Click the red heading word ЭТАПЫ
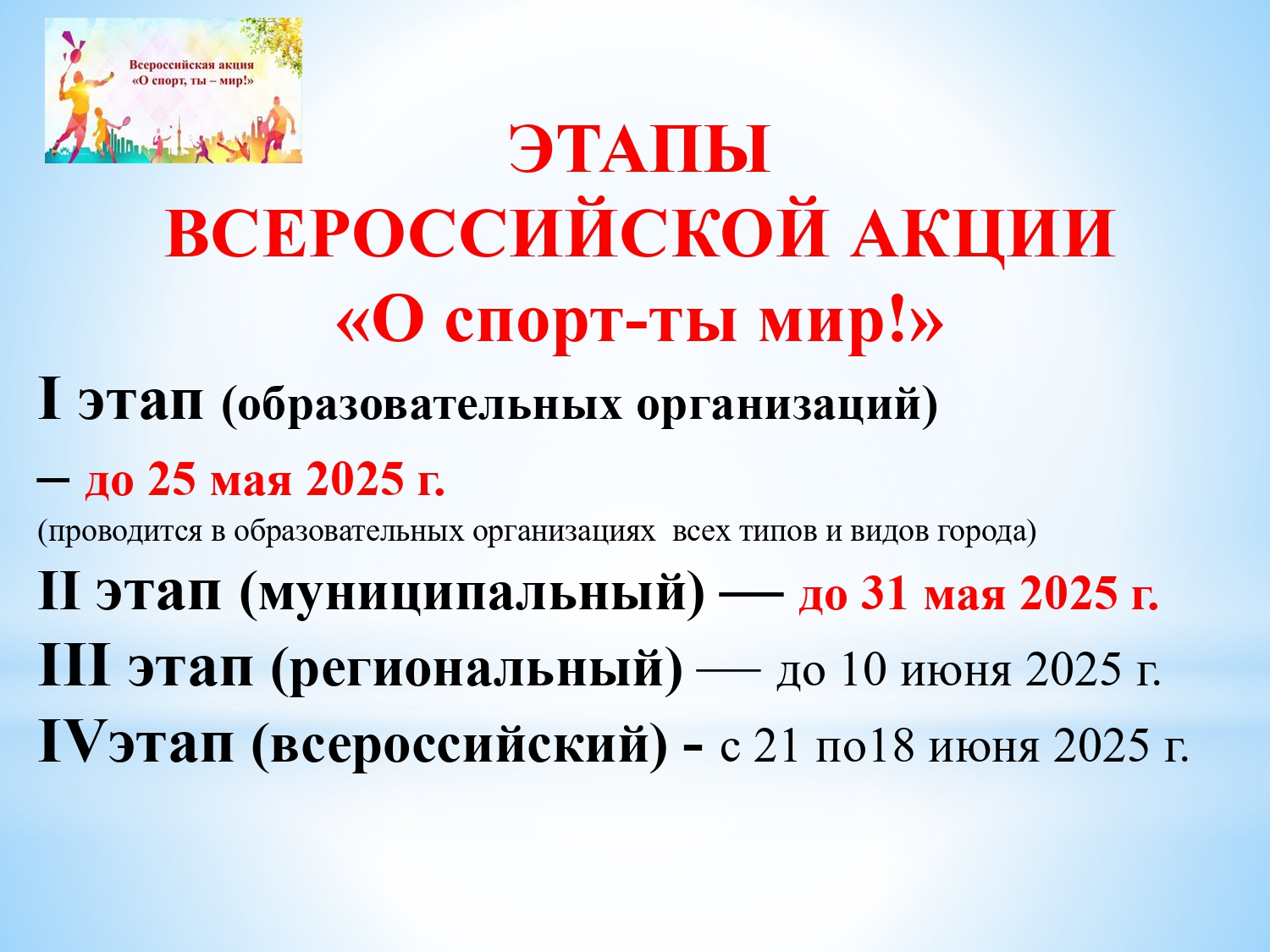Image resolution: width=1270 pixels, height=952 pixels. [639, 149]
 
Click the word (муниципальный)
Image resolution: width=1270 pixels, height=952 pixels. [472, 596]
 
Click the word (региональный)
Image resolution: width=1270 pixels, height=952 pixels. [477, 670]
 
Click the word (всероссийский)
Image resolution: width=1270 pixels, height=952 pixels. [460, 747]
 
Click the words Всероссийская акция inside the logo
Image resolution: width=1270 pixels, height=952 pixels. [191, 65]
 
